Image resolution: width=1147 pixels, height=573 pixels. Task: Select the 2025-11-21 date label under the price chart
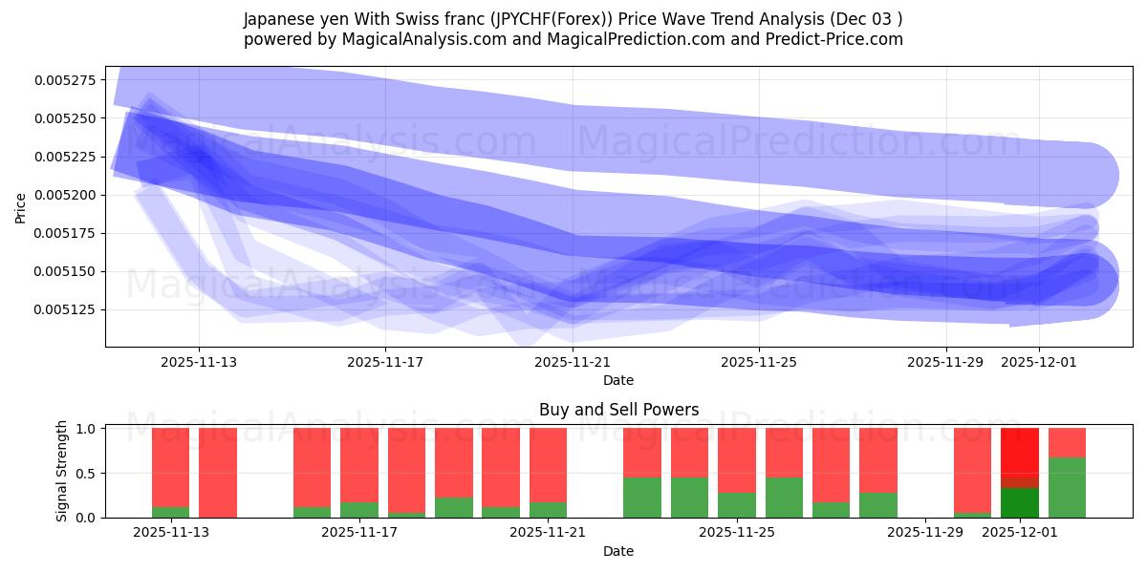pos(572,362)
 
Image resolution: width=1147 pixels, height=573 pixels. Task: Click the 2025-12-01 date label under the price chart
pos(1038,362)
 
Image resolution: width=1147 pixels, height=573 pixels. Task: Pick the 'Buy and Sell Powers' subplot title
pos(618,410)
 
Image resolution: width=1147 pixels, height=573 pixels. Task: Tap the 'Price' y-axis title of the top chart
pos(21,207)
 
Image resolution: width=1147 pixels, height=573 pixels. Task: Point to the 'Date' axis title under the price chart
pos(618,380)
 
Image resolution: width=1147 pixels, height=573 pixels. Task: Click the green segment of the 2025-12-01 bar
pos(1020,502)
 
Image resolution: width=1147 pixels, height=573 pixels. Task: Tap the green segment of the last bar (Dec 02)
pos(1067,487)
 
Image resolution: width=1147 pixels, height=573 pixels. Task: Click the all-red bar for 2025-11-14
pos(218,473)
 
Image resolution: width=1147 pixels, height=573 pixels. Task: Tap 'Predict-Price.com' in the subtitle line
pos(832,39)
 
